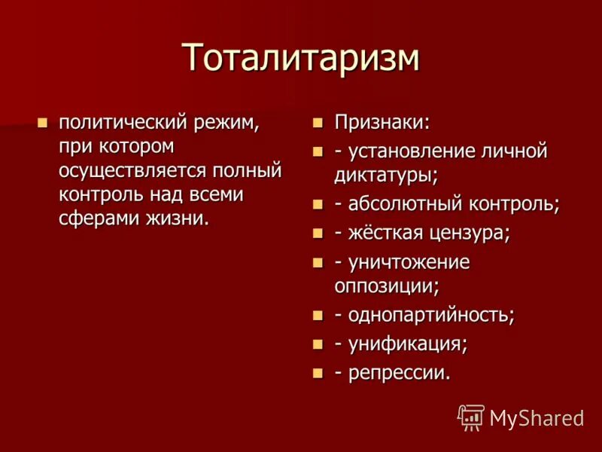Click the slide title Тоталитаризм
(x=300, y=58)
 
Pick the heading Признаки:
(x=383, y=122)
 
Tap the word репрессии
(x=399, y=373)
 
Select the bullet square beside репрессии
(x=318, y=374)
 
